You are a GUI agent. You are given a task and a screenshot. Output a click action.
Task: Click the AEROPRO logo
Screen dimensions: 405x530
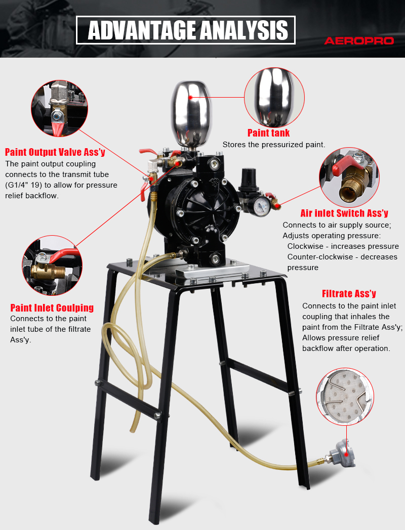(359, 41)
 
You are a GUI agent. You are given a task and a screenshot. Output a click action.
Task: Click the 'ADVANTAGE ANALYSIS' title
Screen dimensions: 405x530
(188, 30)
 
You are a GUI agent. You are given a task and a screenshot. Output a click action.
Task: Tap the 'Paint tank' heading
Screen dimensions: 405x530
(269, 133)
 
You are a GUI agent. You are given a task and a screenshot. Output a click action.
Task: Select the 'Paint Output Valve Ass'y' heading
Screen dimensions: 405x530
(55, 152)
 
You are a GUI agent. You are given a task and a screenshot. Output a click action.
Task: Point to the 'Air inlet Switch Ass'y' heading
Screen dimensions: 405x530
(344, 213)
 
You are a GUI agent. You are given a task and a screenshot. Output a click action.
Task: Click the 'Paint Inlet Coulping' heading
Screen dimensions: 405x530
(52, 307)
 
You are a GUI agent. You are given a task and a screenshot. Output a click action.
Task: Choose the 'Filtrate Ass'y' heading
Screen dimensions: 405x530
(349, 294)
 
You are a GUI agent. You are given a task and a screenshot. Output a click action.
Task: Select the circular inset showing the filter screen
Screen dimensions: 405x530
(345, 397)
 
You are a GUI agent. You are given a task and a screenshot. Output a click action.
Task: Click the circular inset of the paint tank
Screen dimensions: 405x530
(274, 97)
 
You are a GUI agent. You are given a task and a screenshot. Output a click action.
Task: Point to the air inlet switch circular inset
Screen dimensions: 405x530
(349, 177)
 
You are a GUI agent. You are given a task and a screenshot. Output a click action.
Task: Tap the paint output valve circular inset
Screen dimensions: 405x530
(60, 109)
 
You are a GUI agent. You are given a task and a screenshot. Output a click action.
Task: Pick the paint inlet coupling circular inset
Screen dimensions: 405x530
(52, 266)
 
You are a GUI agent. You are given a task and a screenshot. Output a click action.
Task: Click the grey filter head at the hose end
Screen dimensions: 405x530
(343, 453)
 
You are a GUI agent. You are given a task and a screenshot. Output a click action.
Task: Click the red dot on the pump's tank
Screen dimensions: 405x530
(190, 97)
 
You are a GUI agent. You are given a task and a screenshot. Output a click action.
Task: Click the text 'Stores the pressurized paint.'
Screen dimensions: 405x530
(274, 145)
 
